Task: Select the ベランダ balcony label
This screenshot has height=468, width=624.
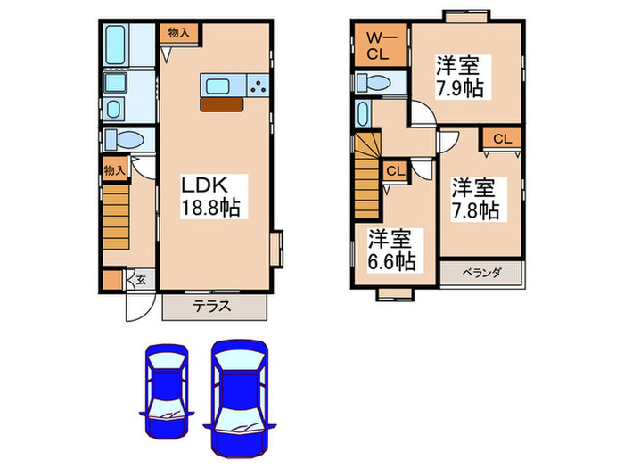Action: click(x=482, y=274)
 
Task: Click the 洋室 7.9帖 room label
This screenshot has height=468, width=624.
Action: click(x=456, y=77)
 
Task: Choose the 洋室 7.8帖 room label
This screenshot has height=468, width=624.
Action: click(x=473, y=199)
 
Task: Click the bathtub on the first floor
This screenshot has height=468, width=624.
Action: click(x=117, y=42)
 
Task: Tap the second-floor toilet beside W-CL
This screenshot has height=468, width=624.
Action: click(x=374, y=83)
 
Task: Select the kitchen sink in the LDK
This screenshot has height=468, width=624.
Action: click(x=219, y=86)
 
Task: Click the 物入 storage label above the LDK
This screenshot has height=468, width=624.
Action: click(x=179, y=32)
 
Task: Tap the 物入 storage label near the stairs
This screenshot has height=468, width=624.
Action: click(x=114, y=169)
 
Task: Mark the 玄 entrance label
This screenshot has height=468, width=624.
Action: click(x=141, y=280)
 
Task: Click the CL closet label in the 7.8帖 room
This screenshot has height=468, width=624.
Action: click(x=502, y=138)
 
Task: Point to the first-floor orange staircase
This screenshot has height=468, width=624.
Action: click(x=116, y=218)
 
